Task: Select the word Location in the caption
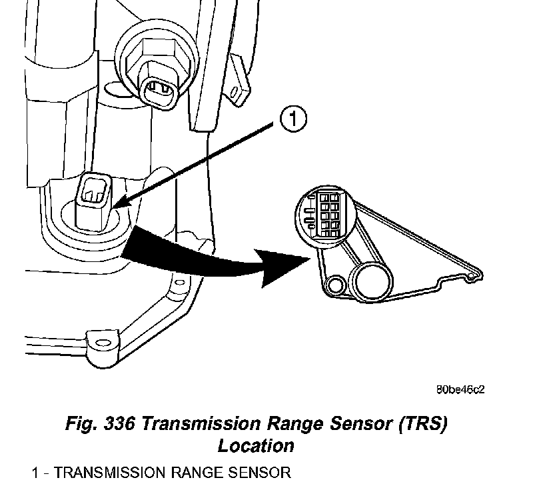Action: (256, 445)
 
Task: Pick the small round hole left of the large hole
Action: (334, 285)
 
